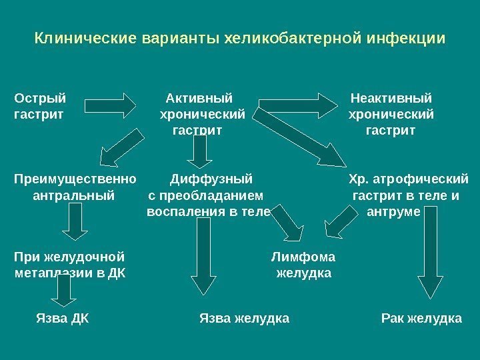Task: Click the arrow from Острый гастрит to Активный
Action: click(x=111, y=105)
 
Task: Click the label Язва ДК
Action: click(x=61, y=319)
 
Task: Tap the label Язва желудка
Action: click(x=244, y=319)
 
